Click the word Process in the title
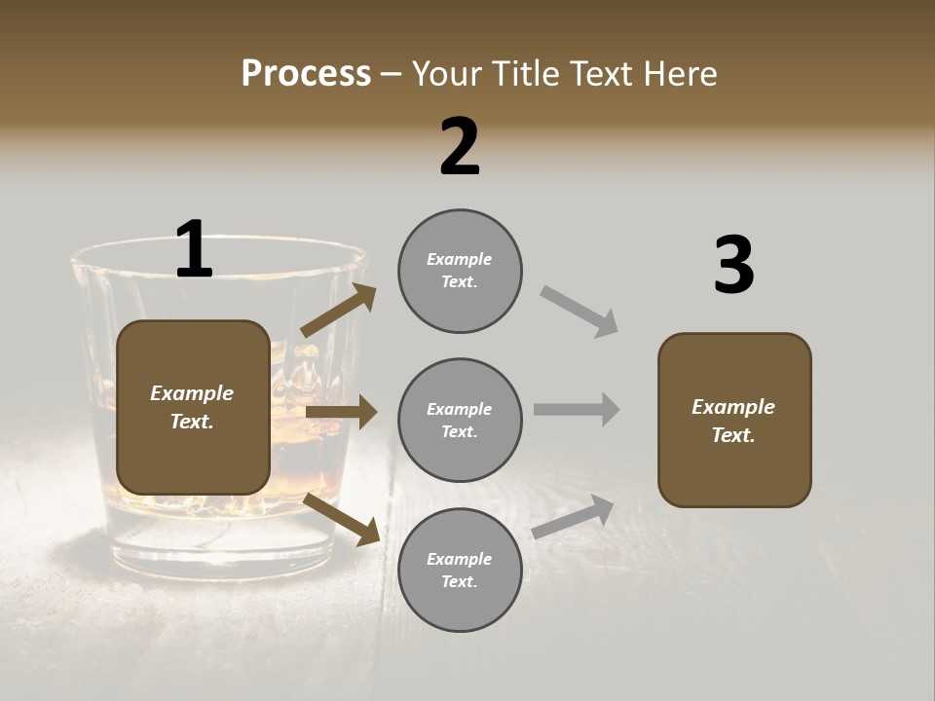coord(306,73)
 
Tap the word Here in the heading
coord(679,73)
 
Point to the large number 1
coord(194,249)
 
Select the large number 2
coord(460,147)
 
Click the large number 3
coord(733,266)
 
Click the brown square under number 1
coord(193,407)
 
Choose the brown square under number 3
coord(734,421)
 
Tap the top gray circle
coord(460,271)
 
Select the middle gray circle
coord(460,421)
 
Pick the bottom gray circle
coord(460,571)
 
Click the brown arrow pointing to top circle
coord(339,311)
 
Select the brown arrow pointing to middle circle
coord(341,412)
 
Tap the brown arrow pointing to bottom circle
coord(342,518)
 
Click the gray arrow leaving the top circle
coord(580,312)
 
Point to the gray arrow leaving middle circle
coord(577,410)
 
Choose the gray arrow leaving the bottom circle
coord(573,516)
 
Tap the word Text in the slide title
coord(602,73)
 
